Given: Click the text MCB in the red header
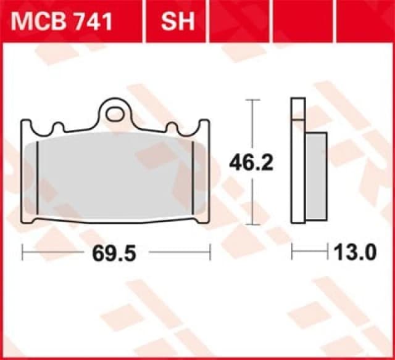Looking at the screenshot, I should pos(39,22).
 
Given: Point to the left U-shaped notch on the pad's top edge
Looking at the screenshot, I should pos(59,128).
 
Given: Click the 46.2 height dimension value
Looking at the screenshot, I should pos(251,163).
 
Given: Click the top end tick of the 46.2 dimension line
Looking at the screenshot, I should pos(251,99).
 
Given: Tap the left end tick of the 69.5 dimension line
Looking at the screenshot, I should pos(22,253).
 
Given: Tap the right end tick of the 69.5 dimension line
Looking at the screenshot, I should pos(210,253).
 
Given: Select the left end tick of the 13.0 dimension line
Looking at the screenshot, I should pos(292,253).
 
